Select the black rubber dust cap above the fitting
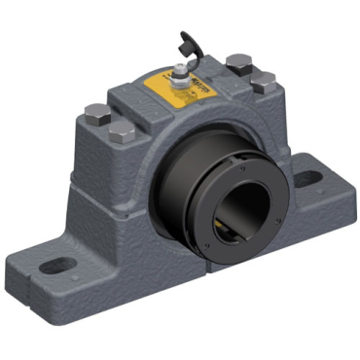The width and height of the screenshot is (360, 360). pos(183,42)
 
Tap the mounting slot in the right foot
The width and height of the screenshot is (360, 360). pos(308,178)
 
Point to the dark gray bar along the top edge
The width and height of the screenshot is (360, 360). pos(180,12)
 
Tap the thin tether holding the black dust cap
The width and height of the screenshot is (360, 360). pos(180,54)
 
